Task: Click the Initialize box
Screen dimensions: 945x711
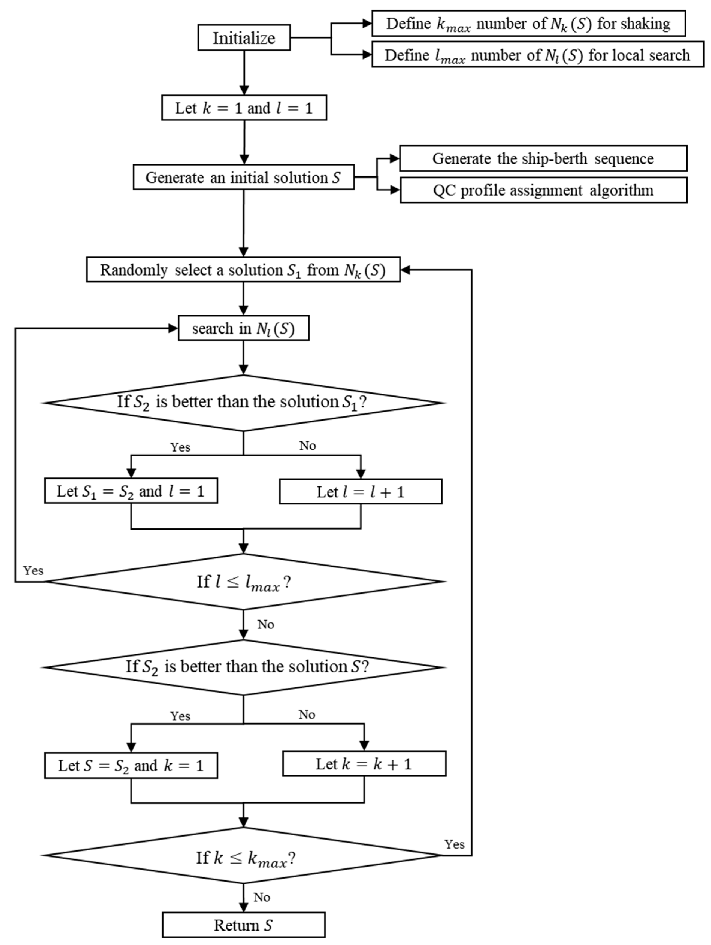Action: coord(244,38)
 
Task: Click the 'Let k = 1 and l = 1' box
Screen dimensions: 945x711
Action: coord(244,108)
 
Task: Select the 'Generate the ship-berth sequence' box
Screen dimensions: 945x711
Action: coord(543,158)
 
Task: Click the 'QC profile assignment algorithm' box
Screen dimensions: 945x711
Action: coord(543,190)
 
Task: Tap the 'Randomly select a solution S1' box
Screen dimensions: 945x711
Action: coord(243,270)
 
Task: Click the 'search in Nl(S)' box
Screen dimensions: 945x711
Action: coord(243,328)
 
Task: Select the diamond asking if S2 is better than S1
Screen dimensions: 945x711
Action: coord(243,403)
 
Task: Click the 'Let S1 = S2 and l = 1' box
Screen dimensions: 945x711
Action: coord(131,491)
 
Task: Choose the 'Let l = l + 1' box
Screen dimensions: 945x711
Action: coord(361,492)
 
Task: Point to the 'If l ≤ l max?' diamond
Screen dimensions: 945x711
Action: coord(243,581)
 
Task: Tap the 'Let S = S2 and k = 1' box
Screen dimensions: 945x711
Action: coord(131,765)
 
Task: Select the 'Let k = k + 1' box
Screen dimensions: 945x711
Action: coord(364,764)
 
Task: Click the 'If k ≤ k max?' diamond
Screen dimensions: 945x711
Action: coord(243,855)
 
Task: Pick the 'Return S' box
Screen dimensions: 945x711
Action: coord(243,925)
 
